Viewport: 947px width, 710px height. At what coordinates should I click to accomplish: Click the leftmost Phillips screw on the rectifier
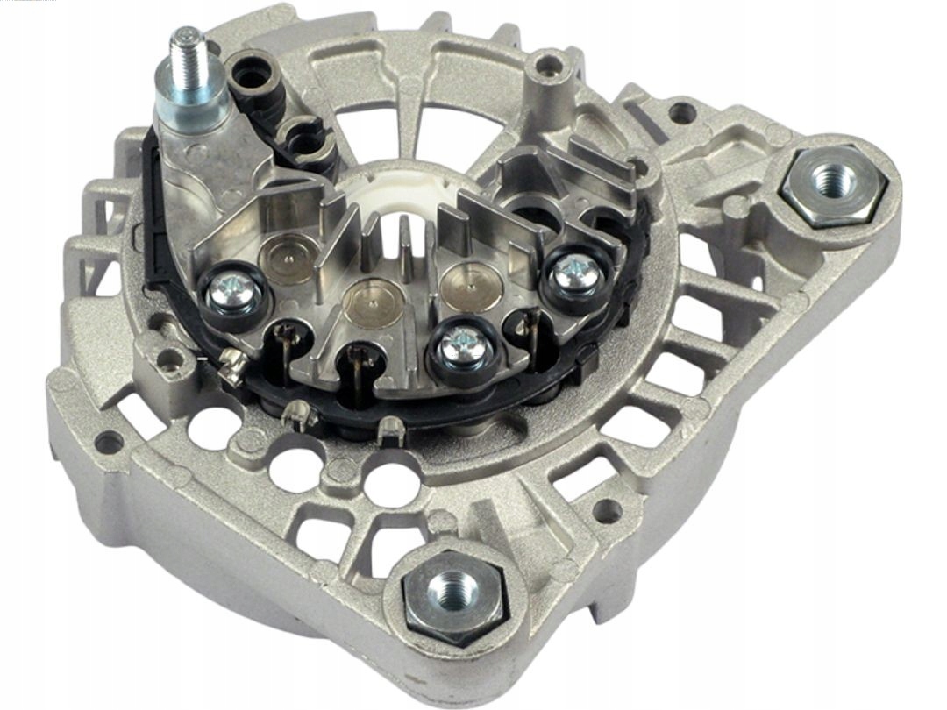[234, 288]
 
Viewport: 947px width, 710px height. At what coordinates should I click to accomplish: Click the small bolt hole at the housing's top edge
[548, 64]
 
